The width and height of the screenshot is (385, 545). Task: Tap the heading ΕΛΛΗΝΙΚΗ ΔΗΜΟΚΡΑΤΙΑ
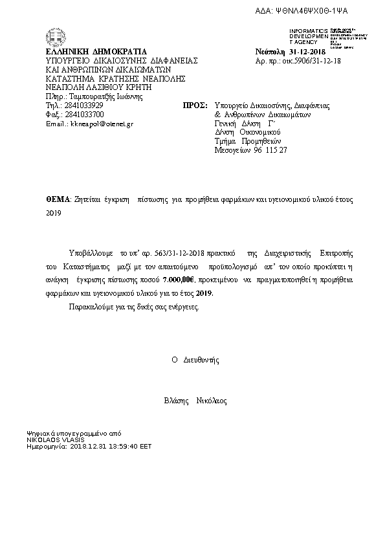pos(96,52)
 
